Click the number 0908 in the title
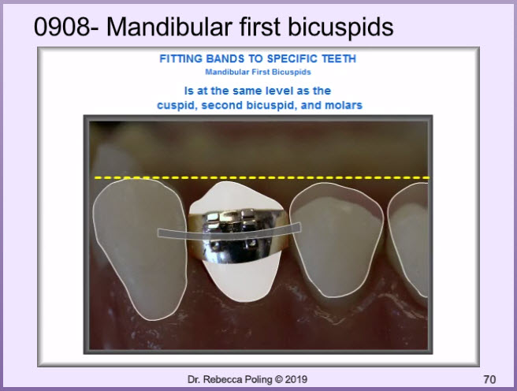point(62,27)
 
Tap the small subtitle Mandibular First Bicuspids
point(258,72)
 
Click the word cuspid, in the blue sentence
point(177,106)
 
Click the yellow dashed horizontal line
point(262,177)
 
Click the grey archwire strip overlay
point(229,230)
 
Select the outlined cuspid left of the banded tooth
point(139,249)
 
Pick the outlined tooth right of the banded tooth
point(337,240)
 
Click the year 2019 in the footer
point(296,379)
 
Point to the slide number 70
point(489,380)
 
